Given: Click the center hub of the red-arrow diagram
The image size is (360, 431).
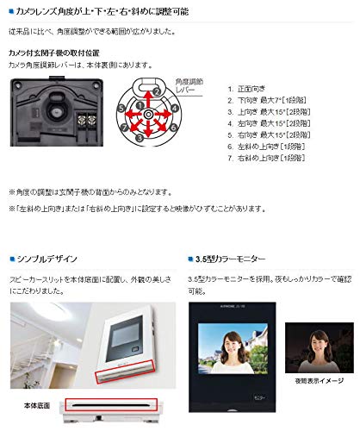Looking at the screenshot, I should click(148, 115).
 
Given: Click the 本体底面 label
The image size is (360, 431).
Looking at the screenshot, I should click(34, 402).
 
